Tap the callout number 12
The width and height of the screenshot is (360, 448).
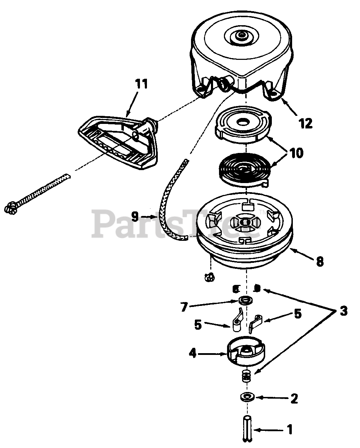(305, 123)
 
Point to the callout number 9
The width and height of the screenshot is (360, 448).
(135, 217)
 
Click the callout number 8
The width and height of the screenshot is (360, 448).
(319, 261)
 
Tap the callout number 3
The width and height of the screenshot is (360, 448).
(343, 310)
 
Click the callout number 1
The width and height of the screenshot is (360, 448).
(289, 429)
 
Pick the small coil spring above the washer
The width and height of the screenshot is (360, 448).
(247, 377)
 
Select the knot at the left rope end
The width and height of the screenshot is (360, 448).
(10, 208)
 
